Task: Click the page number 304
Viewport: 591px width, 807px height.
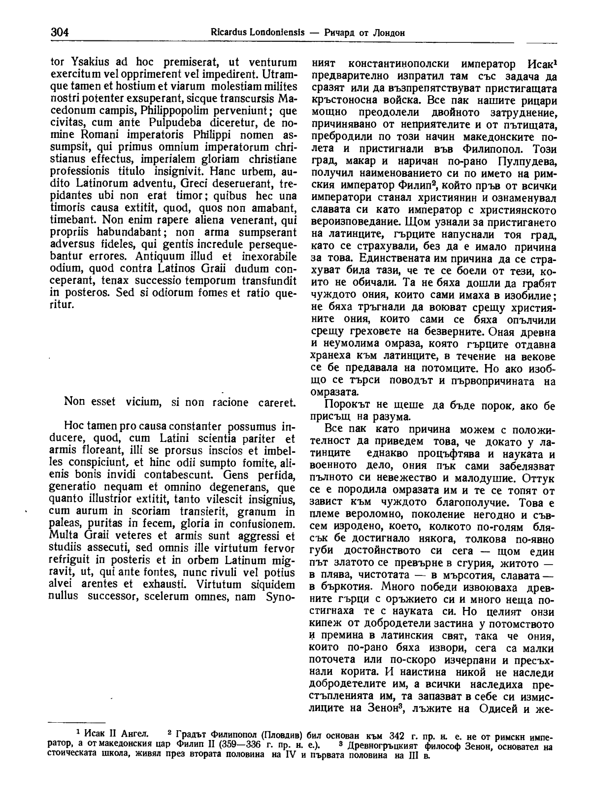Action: pos(59,33)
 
